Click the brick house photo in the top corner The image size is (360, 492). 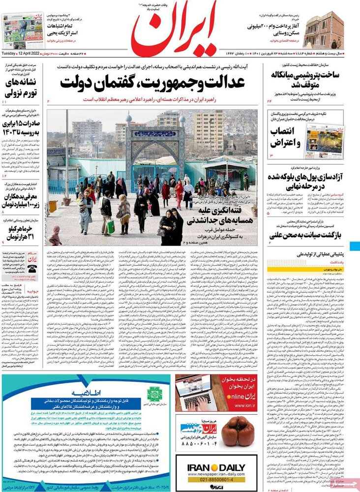tap(323, 30)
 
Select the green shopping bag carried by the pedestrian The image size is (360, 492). tap(111, 226)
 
